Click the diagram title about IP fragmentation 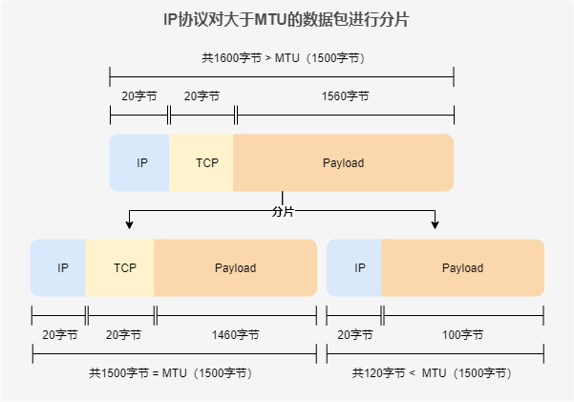click(x=286, y=20)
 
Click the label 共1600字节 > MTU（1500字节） click(x=284, y=58)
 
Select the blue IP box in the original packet click(x=140, y=163)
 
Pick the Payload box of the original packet click(x=343, y=163)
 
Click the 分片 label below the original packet click(x=283, y=210)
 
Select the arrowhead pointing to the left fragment click(x=129, y=224)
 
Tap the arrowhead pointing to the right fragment click(x=435, y=224)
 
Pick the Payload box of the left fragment click(x=235, y=268)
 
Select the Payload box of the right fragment click(x=462, y=268)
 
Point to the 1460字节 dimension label click(x=235, y=335)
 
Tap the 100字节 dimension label click(x=462, y=335)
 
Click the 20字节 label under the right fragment click(x=353, y=335)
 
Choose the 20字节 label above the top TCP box click(x=202, y=96)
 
